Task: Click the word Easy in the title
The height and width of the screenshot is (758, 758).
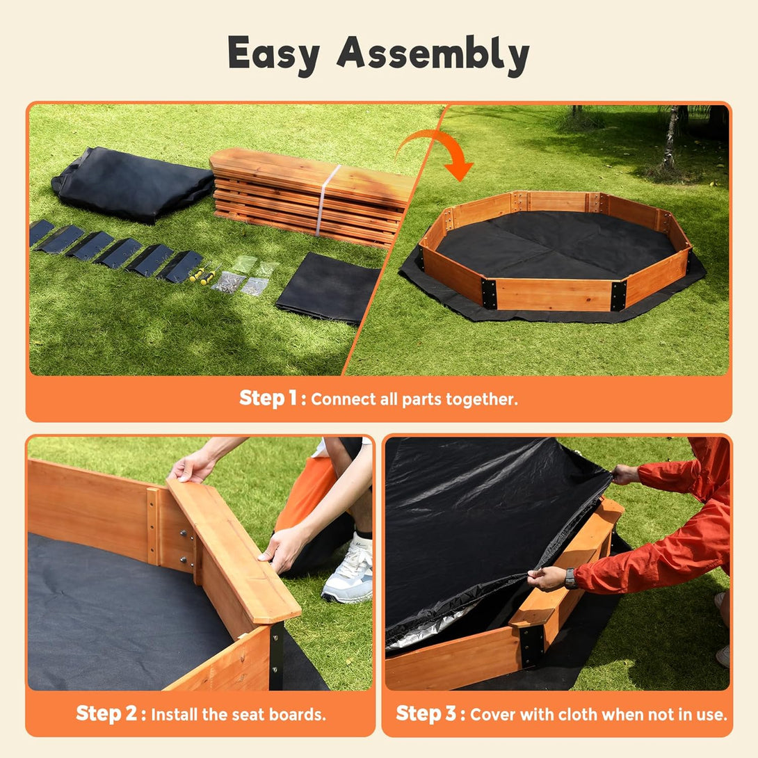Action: [x=273, y=54]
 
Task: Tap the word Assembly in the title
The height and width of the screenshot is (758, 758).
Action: [x=433, y=54]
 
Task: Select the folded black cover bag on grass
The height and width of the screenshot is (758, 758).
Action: [x=132, y=183]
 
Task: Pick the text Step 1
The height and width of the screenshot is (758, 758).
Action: [x=268, y=398]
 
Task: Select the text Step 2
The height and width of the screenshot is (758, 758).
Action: [x=107, y=713]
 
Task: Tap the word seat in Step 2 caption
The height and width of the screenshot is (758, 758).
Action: [x=247, y=714]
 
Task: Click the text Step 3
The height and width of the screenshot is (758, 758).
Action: [x=426, y=713]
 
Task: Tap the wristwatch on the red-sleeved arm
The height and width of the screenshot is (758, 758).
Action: [x=570, y=578]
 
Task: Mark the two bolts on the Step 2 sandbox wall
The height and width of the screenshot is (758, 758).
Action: [x=184, y=547]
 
